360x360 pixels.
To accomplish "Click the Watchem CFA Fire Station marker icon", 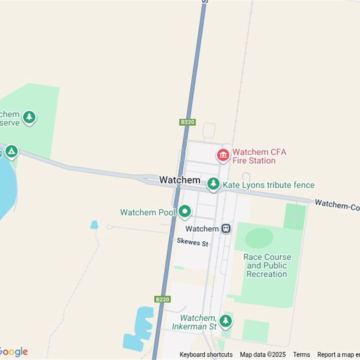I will click(x=223, y=155).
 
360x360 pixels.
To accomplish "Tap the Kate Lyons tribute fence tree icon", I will click(x=213, y=184).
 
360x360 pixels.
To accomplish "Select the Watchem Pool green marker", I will click(x=184, y=211).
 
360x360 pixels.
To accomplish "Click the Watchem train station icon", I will click(x=226, y=229).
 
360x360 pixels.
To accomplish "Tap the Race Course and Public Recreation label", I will click(x=267, y=265).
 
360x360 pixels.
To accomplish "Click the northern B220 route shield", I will click(x=188, y=122).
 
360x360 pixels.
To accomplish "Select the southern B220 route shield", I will click(x=162, y=299).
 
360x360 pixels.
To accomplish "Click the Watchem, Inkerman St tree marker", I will click(x=225, y=321).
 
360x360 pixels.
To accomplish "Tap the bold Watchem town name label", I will click(x=180, y=180).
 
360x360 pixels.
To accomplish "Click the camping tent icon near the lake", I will click(x=11, y=151).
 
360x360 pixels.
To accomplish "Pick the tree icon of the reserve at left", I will click(x=29, y=117).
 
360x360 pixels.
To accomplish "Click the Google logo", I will click(x=13, y=352).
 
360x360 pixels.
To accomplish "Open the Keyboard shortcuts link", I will click(x=206, y=355).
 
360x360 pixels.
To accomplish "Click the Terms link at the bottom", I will click(x=301, y=355).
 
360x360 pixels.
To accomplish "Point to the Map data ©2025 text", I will click(x=263, y=355).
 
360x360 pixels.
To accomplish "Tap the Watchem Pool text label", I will click(x=148, y=212).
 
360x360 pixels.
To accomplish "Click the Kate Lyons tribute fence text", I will click(x=269, y=185).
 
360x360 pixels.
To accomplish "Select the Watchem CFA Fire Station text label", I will click(x=259, y=156).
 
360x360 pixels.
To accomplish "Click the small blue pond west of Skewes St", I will click(x=94, y=225).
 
